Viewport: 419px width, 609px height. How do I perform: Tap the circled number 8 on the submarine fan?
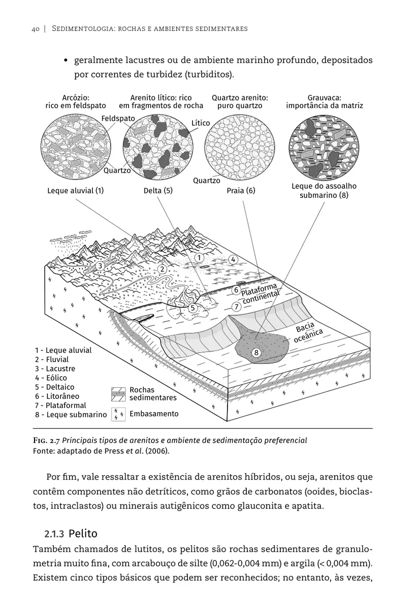(256, 352)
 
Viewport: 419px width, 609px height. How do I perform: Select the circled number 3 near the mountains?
(101, 265)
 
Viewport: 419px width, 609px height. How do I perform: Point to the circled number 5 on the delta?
(192, 308)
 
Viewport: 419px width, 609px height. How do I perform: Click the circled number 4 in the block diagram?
(233, 259)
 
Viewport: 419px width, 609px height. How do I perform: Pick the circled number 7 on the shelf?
(236, 307)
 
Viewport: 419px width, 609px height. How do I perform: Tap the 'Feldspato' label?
(118, 118)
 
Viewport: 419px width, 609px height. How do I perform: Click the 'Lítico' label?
(201, 123)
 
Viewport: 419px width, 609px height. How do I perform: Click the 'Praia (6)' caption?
(241, 191)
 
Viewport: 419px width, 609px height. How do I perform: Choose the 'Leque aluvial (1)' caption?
(75, 191)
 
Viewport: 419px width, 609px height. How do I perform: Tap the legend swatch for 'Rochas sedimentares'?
(118, 393)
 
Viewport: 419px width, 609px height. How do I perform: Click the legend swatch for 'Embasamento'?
(118, 414)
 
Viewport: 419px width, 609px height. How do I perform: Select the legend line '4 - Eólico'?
(51, 378)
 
